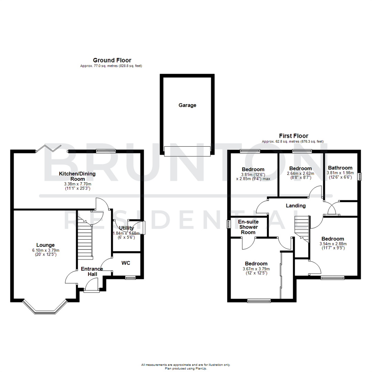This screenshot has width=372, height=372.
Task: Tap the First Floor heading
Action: point(294,136)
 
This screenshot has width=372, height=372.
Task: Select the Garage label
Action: point(187,105)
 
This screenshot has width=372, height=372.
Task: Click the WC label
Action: point(126,263)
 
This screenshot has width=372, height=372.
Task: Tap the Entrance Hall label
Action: point(92,271)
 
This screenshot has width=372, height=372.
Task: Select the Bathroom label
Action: point(340,168)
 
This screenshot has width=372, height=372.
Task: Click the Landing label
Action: point(296,206)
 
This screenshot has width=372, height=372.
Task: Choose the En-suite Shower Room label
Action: point(248,227)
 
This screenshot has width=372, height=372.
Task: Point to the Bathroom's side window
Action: point(359,176)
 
